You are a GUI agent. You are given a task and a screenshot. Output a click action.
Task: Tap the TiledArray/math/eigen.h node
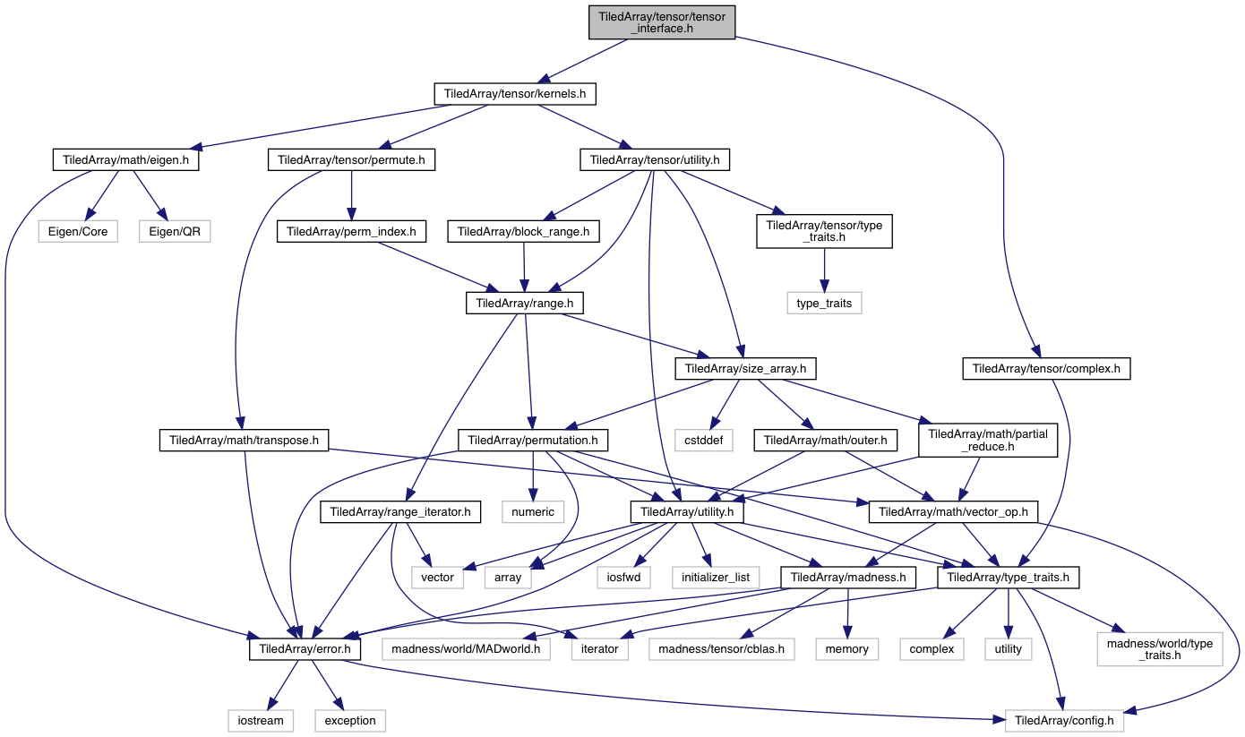(x=125, y=161)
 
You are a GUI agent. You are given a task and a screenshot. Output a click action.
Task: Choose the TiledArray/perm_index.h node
(x=350, y=230)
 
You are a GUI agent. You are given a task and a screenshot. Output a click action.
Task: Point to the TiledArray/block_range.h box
(x=524, y=230)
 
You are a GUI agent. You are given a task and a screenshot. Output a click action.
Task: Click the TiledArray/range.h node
(x=525, y=304)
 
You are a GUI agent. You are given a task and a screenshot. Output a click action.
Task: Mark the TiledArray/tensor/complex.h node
(x=1046, y=367)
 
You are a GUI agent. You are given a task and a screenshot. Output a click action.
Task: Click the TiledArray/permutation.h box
(x=533, y=440)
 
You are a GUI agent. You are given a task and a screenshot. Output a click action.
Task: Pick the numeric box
(x=533, y=512)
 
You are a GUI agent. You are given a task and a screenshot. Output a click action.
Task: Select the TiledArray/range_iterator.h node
(x=400, y=512)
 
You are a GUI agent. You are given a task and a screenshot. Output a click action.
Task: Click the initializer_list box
(x=715, y=578)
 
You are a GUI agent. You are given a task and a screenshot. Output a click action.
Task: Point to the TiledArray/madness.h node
(x=847, y=578)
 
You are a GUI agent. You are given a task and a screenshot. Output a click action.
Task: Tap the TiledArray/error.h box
(x=305, y=647)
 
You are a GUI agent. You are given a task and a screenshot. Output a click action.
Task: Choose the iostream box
(x=261, y=720)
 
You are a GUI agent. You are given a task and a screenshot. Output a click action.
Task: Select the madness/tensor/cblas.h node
(x=722, y=647)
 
